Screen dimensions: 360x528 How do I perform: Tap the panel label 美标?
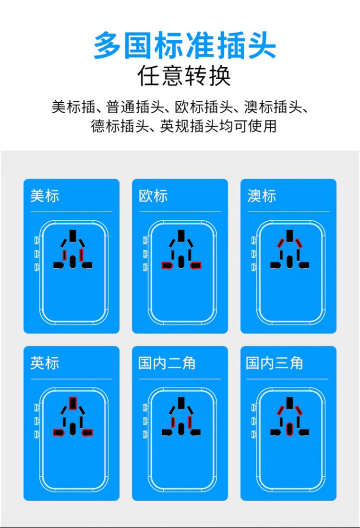[x=45, y=196]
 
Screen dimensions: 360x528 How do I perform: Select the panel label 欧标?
[x=153, y=196]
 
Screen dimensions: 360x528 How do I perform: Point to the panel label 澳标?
[x=262, y=196]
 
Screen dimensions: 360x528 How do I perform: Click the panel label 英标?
[x=45, y=363]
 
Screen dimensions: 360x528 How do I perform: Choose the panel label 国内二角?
[x=167, y=363]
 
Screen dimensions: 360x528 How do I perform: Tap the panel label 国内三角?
[x=275, y=363]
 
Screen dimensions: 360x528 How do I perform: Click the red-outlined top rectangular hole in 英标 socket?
[x=73, y=403]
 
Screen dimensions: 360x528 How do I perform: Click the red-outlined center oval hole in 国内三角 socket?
[x=289, y=428]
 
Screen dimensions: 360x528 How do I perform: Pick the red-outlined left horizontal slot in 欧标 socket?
[x=167, y=265]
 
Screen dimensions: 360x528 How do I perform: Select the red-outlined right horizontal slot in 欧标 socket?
[x=195, y=265]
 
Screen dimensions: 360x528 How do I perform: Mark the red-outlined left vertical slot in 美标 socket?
[x=64, y=254]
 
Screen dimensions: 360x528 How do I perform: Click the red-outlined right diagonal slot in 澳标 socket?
[x=299, y=243]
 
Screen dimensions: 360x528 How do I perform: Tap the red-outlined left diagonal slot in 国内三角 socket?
[x=281, y=410]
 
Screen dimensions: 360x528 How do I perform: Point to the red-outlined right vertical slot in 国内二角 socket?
[x=191, y=421]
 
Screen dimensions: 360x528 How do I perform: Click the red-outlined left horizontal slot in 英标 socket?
[x=59, y=432]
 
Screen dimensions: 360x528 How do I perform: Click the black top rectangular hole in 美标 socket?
[x=73, y=236]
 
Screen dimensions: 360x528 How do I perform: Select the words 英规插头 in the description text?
[x=180, y=126]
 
